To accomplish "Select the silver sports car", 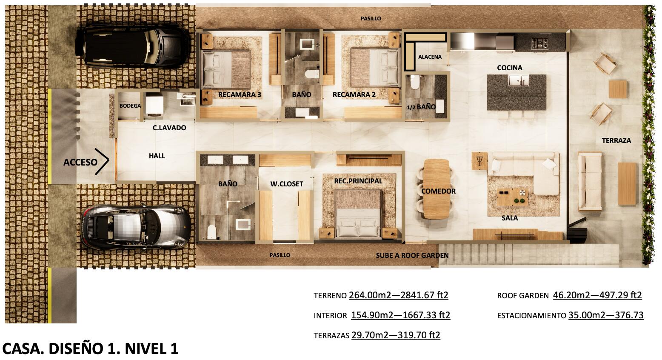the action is [136, 226].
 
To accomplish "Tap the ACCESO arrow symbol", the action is [102, 161].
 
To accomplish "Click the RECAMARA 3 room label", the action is [240, 94].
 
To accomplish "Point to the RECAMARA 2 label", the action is [354, 94].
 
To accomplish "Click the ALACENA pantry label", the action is [430, 57].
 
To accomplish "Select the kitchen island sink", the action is [518, 80].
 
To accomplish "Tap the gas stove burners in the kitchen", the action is [539, 43].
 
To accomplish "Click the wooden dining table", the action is [437, 189].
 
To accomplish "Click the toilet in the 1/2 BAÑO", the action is [414, 82].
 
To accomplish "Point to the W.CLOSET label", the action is [287, 184].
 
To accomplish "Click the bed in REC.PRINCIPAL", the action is [358, 213].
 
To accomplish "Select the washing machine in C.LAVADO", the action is [155, 105].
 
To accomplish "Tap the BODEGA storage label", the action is [130, 106].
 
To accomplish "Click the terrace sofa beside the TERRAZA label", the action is [590, 181].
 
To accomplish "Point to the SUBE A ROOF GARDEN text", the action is [412, 255].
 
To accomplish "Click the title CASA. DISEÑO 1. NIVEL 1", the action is [91, 349].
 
